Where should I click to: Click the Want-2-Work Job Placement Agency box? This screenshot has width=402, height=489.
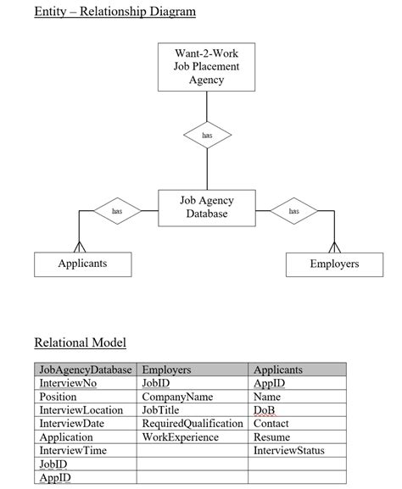[206, 67]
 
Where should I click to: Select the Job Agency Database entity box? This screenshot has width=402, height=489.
[206, 208]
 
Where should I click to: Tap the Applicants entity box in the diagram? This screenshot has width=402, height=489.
[82, 264]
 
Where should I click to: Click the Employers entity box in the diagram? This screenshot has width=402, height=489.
[334, 264]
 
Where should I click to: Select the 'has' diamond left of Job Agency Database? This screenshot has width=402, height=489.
[117, 211]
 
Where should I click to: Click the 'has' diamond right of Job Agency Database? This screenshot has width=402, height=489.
[294, 211]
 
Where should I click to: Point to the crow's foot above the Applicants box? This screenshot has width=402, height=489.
[80, 247]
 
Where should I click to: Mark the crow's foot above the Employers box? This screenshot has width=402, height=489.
[335, 247]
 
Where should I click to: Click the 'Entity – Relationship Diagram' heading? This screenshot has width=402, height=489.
[114, 12]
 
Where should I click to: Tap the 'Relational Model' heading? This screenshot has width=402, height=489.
[80, 342]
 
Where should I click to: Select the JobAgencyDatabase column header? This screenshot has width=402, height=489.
[86, 370]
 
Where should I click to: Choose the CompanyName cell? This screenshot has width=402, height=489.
[177, 397]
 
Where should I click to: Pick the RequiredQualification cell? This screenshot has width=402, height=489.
[193, 424]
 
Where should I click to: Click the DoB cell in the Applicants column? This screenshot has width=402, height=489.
[265, 410]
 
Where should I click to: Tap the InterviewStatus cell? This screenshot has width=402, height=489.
[288, 451]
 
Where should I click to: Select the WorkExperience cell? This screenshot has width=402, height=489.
[180, 437]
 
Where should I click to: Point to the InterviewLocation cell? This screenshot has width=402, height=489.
[81, 410]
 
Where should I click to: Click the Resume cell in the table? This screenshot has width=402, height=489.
[271, 437]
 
